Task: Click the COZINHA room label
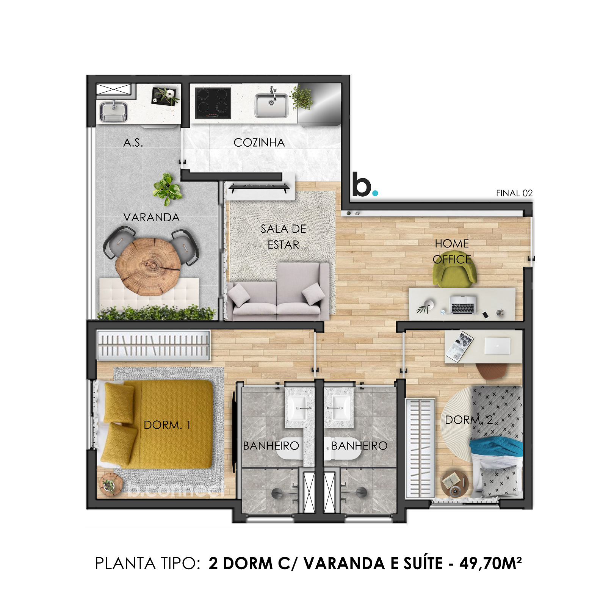coord(259,143)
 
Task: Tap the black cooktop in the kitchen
coord(213,103)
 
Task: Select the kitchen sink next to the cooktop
coord(271,106)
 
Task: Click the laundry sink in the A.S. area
coord(113,111)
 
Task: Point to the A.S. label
coord(133,143)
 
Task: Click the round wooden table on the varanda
coord(148,266)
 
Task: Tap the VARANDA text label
coord(151,218)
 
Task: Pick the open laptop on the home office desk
coord(462,305)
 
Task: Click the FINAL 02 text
coord(514,193)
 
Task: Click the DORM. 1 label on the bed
coord(167,425)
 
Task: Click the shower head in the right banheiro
coord(360,492)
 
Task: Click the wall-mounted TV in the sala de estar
coord(259,187)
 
